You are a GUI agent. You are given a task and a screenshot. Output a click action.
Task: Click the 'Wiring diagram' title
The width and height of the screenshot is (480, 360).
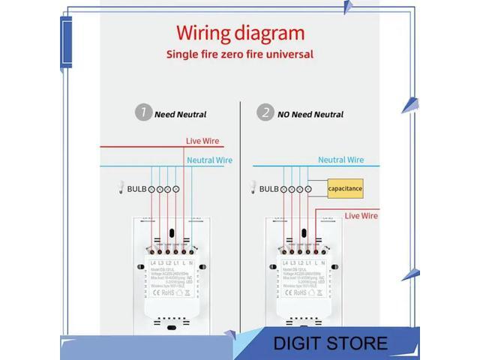pyautogui.click(x=240, y=34)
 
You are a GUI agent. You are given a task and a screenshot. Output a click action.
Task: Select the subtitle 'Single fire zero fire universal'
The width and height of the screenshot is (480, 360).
pyautogui.click(x=240, y=54)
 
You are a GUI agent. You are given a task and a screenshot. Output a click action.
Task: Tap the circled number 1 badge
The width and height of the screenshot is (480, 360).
pyautogui.click(x=142, y=113)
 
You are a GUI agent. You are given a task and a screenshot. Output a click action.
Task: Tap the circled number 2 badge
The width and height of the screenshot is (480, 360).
pyautogui.click(x=265, y=113)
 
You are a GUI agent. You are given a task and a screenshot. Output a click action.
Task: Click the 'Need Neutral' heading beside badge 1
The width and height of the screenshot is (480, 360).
pyautogui.click(x=180, y=115)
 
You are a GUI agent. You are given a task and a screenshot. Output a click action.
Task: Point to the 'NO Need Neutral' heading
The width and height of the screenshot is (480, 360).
pyautogui.click(x=310, y=115)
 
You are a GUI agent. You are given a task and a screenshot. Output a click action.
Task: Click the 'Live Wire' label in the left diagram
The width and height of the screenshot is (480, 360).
pyautogui.click(x=204, y=141)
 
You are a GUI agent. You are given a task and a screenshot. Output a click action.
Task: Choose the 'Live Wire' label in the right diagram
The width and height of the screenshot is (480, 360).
pyautogui.click(x=361, y=216)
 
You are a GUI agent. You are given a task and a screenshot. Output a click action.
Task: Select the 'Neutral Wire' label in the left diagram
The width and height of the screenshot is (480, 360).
pyautogui.click(x=209, y=160)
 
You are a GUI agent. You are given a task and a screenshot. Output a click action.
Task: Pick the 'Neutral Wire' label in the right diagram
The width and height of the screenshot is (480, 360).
pyautogui.click(x=340, y=160)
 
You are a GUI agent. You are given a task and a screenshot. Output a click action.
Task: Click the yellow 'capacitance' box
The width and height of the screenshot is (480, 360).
pyautogui.click(x=345, y=189)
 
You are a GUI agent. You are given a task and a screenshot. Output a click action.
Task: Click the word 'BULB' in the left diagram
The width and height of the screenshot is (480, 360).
pyautogui.click(x=136, y=190)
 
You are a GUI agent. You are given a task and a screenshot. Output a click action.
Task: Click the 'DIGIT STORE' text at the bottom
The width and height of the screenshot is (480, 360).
pyautogui.click(x=330, y=344)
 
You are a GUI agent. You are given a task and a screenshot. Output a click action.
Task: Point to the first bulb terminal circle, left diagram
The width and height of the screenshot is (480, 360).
pyautogui.click(x=151, y=190)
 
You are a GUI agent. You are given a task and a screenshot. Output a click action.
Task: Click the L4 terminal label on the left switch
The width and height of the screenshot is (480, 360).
pyautogui.click(x=152, y=263)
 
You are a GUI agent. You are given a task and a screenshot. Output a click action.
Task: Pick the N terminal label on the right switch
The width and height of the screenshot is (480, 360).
pyautogui.click(x=324, y=263)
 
